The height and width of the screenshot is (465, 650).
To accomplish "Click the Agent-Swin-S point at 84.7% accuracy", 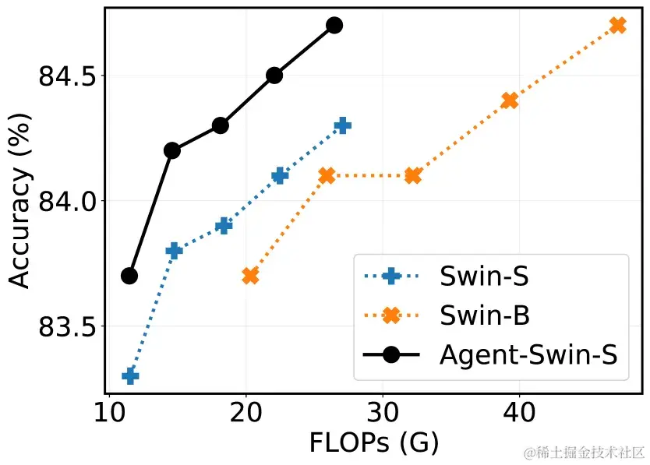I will point(334,25).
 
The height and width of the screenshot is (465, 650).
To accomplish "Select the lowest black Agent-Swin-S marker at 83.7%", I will point(129,276).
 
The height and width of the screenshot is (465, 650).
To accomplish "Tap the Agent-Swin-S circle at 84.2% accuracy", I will point(172,150).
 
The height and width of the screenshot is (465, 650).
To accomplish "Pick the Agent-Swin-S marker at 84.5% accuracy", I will point(274,76).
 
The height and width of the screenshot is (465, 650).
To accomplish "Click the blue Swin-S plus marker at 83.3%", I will point(130,376).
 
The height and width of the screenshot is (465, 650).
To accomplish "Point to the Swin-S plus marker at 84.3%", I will point(342,125).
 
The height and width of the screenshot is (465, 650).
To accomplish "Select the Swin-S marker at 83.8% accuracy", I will point(174,250).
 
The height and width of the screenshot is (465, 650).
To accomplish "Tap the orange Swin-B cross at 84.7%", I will point(618,25).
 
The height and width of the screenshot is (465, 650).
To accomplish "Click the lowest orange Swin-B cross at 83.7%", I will point(250,276).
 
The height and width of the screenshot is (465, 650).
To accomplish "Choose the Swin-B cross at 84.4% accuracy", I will point(510,100).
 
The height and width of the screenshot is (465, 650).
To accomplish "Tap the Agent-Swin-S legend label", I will point(528,355).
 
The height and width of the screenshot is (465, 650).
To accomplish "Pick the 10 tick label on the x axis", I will point(110,411).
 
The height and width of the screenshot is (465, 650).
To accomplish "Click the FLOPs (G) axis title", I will point(374,442).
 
